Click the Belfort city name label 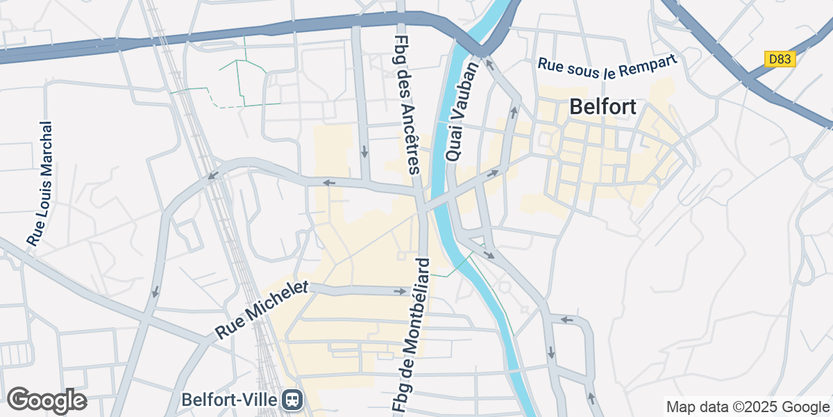coord(603,107)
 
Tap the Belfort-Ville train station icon coord(292,399)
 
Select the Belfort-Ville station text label coord(230,400)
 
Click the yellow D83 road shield coord(780,60)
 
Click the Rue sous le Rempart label coord(607,64)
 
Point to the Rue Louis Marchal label coord(41,183)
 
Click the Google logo coord(47,400)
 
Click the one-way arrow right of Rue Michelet coord(401,291)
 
